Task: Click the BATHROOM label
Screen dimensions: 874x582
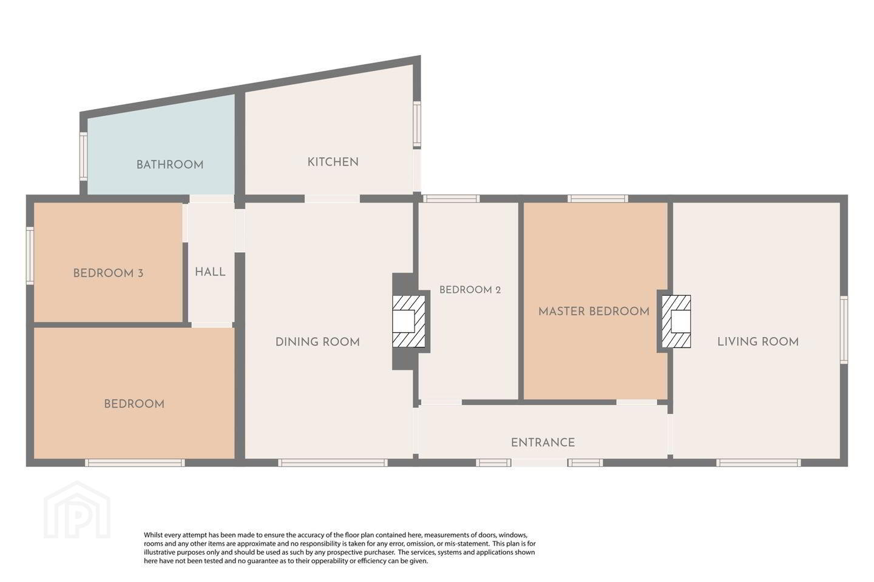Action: (x=170, y=165)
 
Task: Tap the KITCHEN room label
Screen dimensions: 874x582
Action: (x=333, y=162)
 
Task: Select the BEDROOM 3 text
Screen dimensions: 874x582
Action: (x=108, y=273)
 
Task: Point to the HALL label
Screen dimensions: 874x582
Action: (x=210, y=272)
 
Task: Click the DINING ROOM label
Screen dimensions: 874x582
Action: (x=317, y=343)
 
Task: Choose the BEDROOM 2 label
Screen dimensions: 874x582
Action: (x=470, y=290)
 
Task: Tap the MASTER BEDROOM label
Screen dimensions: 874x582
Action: (x=594, y=312)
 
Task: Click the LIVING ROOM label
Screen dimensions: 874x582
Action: (x=757, y=342)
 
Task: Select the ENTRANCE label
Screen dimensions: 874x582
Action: (x=543, y=443)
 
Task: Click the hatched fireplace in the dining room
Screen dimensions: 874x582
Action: (x=408, y=321)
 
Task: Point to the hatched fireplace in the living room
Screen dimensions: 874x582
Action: (x=676, y=321)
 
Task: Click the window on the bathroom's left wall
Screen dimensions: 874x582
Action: (x=84, y=156)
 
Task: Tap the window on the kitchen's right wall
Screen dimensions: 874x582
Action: (x=417, y=124)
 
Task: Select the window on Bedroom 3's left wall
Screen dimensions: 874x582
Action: (x=30, y=255)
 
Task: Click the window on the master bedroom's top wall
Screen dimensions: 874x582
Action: (x=598, y=198)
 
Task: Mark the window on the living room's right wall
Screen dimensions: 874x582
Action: (x=844, y=330)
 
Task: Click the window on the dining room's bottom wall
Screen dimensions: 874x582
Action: (x=333, y=463)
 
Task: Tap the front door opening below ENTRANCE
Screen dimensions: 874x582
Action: (x=539, y=463)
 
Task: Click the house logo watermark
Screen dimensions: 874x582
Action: (x=77, y=510)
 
